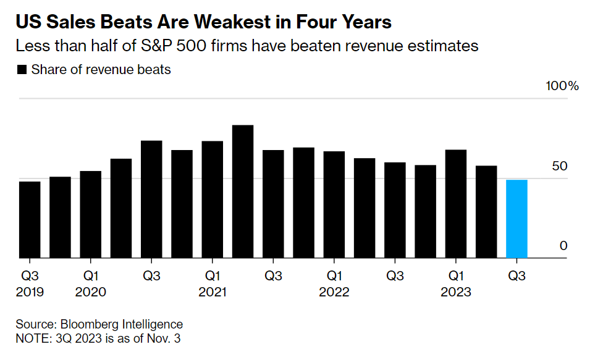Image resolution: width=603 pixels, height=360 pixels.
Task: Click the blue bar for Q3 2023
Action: point(517,219)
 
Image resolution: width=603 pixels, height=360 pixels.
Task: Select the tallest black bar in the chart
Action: point(243,191)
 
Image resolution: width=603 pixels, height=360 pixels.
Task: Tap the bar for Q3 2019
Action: point(30,219)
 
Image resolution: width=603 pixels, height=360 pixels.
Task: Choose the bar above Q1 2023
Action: point(455,204)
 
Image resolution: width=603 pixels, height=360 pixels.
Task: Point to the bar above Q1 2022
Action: point(334,204)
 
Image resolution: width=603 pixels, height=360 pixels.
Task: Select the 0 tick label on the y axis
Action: point(563,246)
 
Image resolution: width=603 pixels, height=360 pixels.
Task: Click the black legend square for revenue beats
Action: point(22,70)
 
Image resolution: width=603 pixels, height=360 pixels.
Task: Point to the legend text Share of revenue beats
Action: point(101,70)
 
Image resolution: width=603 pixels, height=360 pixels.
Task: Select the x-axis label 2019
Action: point(30,292)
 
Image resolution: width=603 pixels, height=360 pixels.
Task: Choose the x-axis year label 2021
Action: point(213,292)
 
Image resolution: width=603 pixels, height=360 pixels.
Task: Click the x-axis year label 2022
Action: point(334,292)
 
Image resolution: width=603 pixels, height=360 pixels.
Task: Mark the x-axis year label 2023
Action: point(455,292)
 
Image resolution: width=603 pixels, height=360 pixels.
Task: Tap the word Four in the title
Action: point(314,23)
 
